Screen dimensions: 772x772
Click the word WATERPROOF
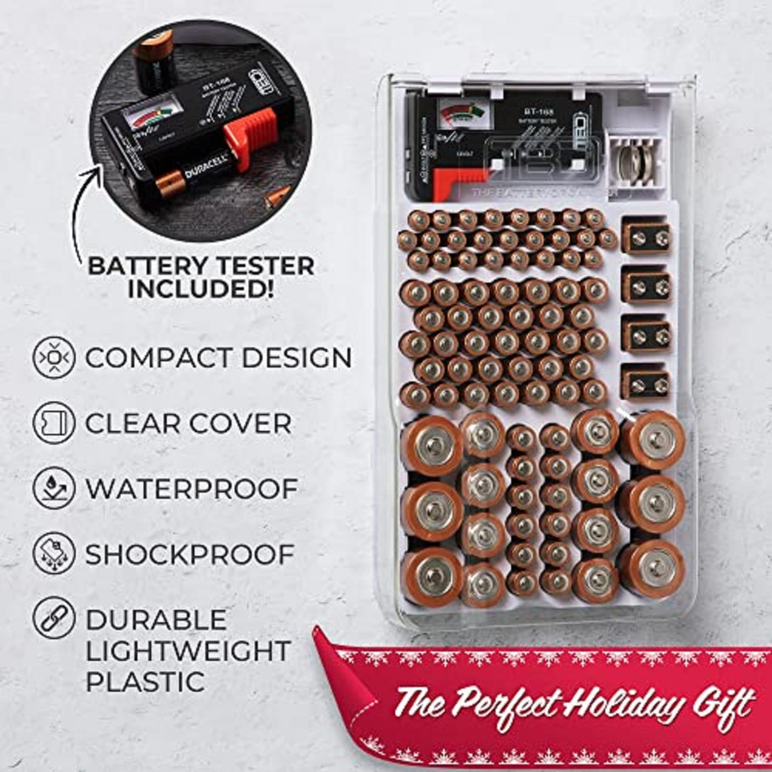[191, 488]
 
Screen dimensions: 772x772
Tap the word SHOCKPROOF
[189, 554]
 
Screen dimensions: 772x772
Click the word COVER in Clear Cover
[241, 424]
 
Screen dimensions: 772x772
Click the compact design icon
[54, 357]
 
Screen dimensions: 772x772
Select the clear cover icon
[54, 423]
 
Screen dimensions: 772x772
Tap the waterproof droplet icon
[54, 488]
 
